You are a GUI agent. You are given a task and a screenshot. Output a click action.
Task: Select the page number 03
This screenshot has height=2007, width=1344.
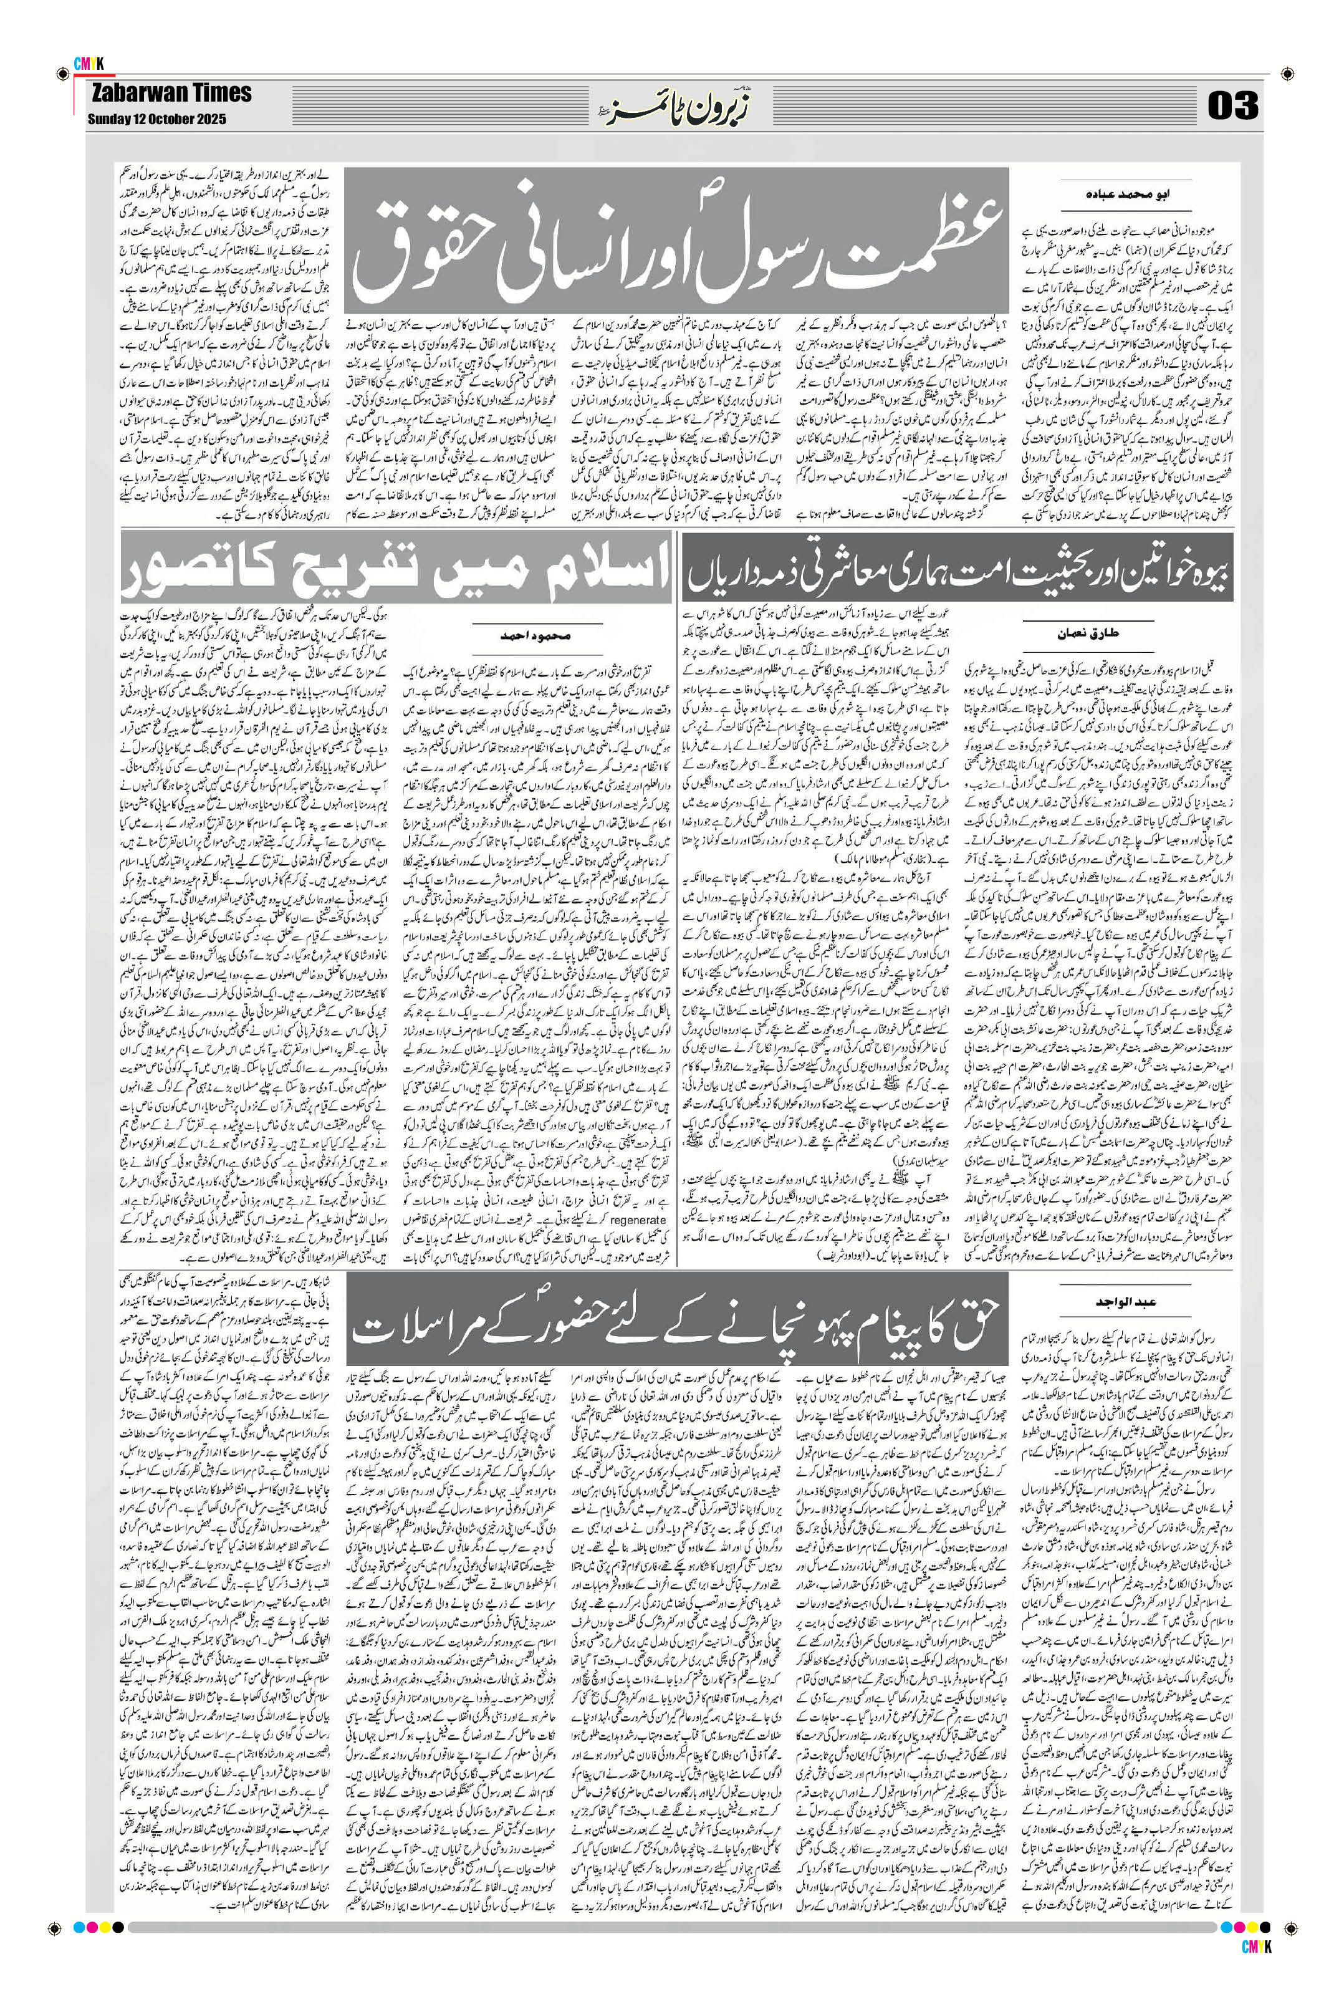(x=1232, y=105)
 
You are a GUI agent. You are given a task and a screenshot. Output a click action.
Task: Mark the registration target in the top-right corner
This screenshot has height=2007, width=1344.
(x=1285, y=73)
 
